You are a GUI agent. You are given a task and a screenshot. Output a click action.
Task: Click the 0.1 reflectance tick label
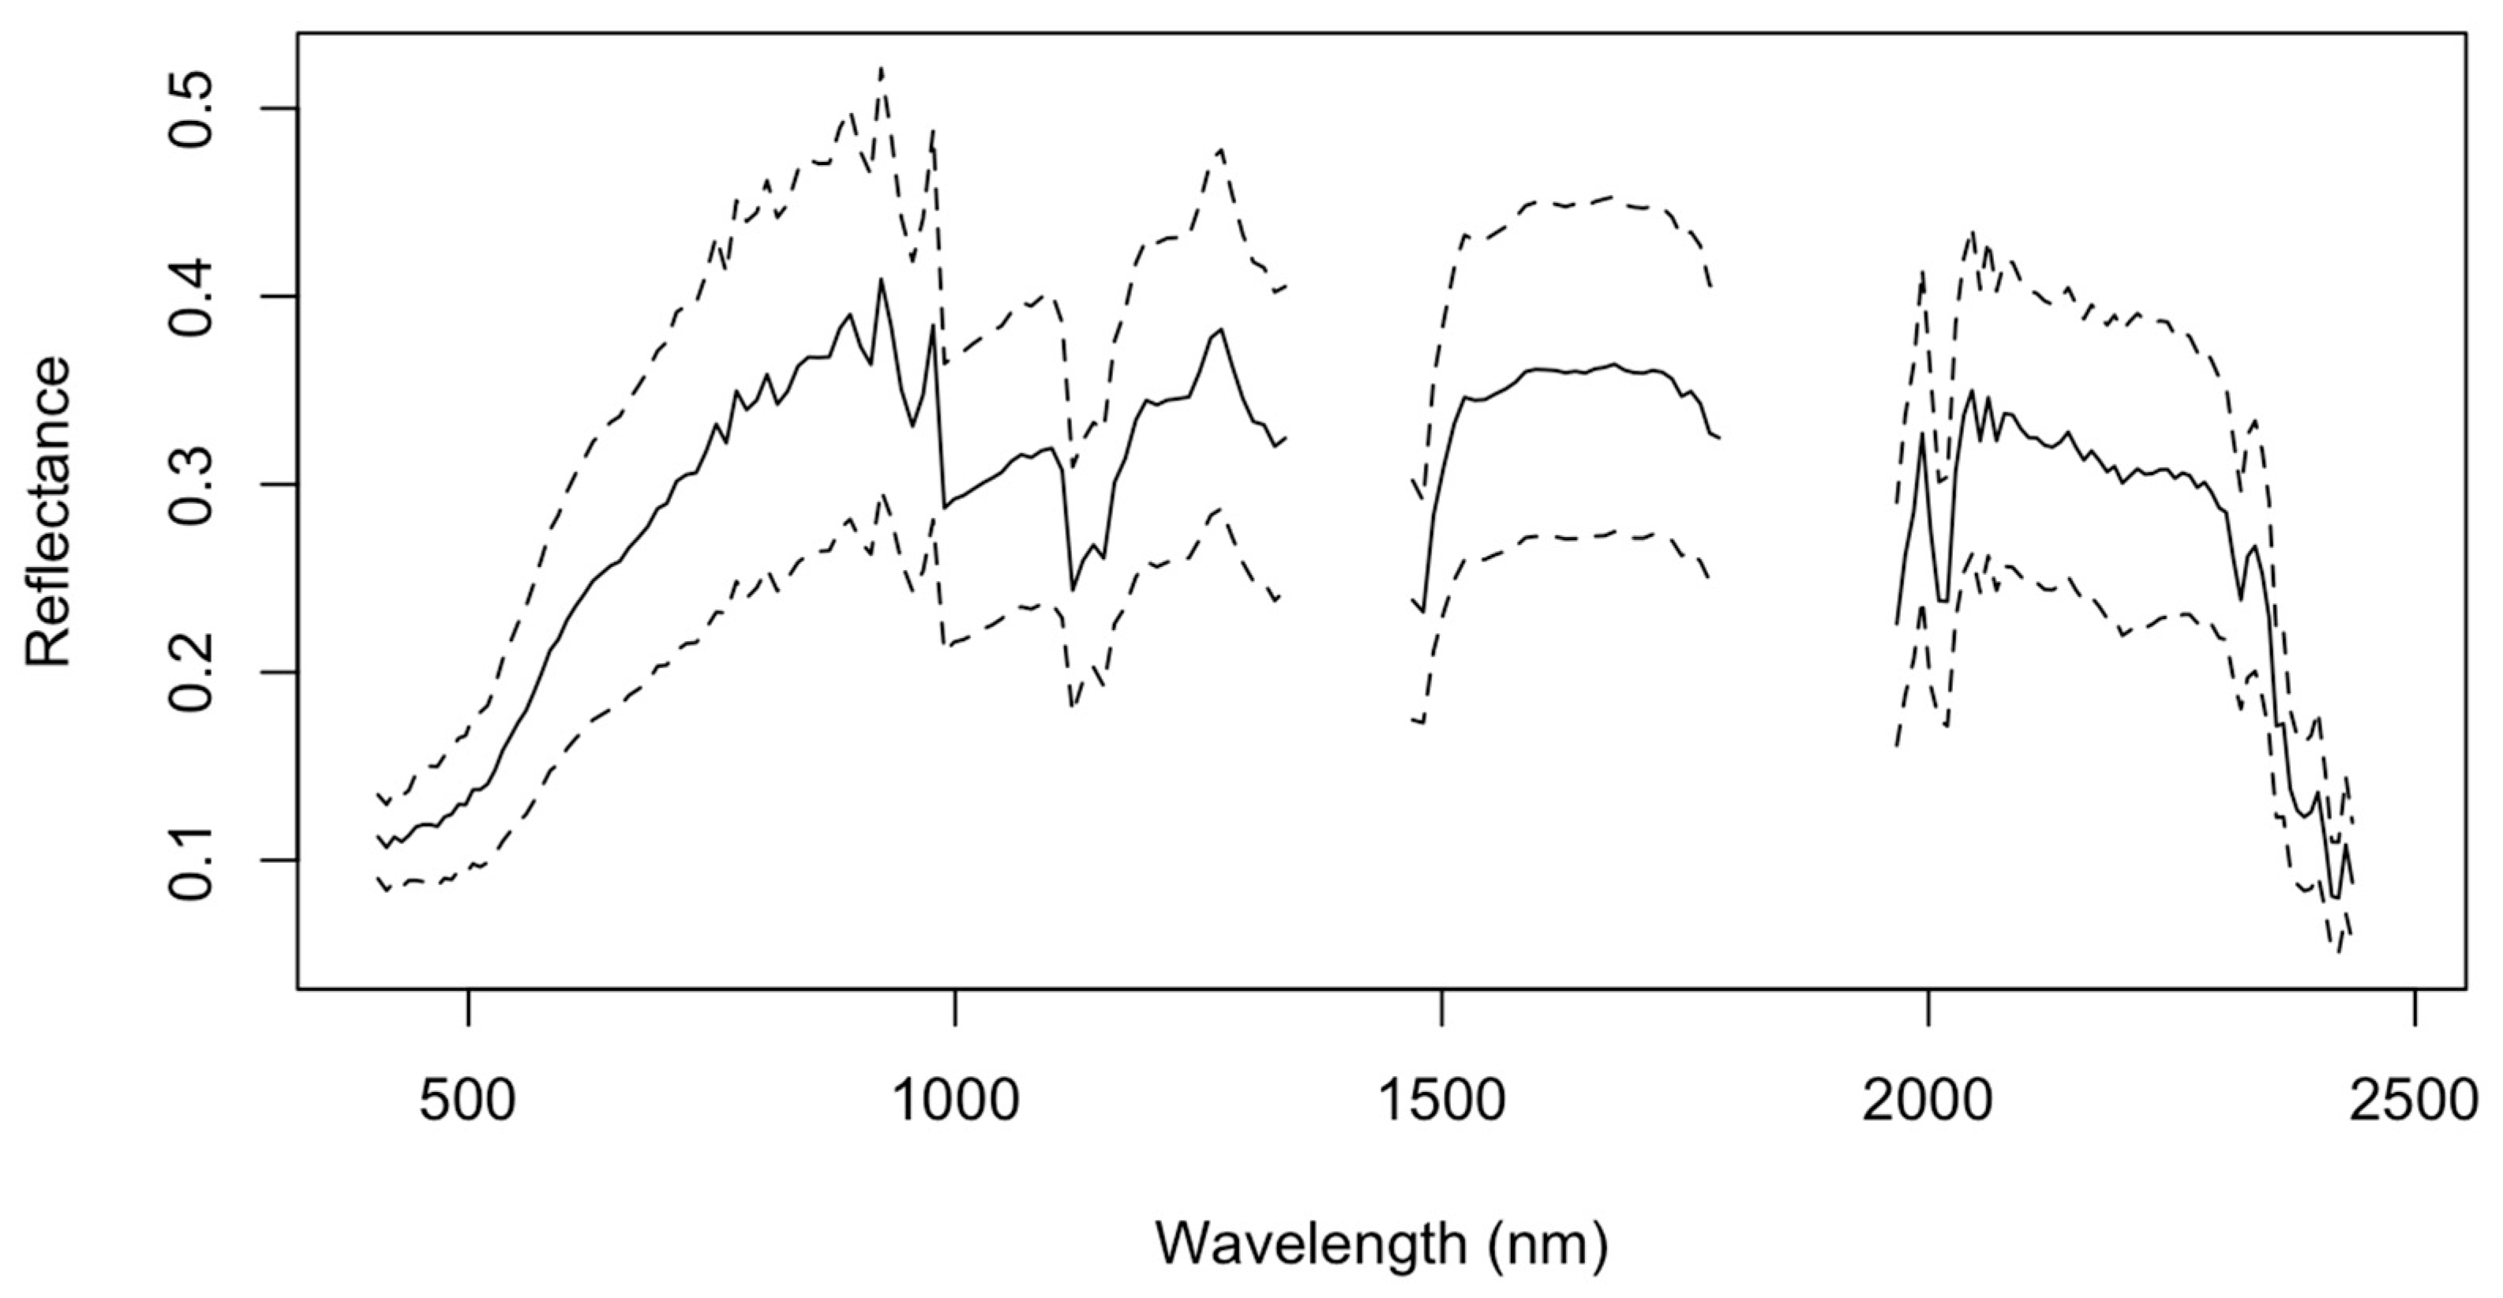(x=193, y=860)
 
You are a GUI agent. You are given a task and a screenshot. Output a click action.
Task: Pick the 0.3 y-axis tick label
(x=193, y=484)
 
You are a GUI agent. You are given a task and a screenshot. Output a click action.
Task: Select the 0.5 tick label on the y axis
(x=193, y=108)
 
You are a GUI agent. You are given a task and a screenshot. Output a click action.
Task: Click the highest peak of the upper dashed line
(x=881, y=68)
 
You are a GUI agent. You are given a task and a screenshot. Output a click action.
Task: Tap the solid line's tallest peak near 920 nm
(x=881, y=279)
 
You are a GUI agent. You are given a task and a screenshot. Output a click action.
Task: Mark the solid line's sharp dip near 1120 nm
(x=1072, y=589)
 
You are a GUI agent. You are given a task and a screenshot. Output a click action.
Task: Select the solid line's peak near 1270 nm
(x=1220, y=329)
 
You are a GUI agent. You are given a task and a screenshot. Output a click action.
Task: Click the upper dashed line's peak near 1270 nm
(x=1221, y=148)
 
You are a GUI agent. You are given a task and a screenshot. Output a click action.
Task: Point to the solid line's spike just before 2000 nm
(x=1922, y=433)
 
